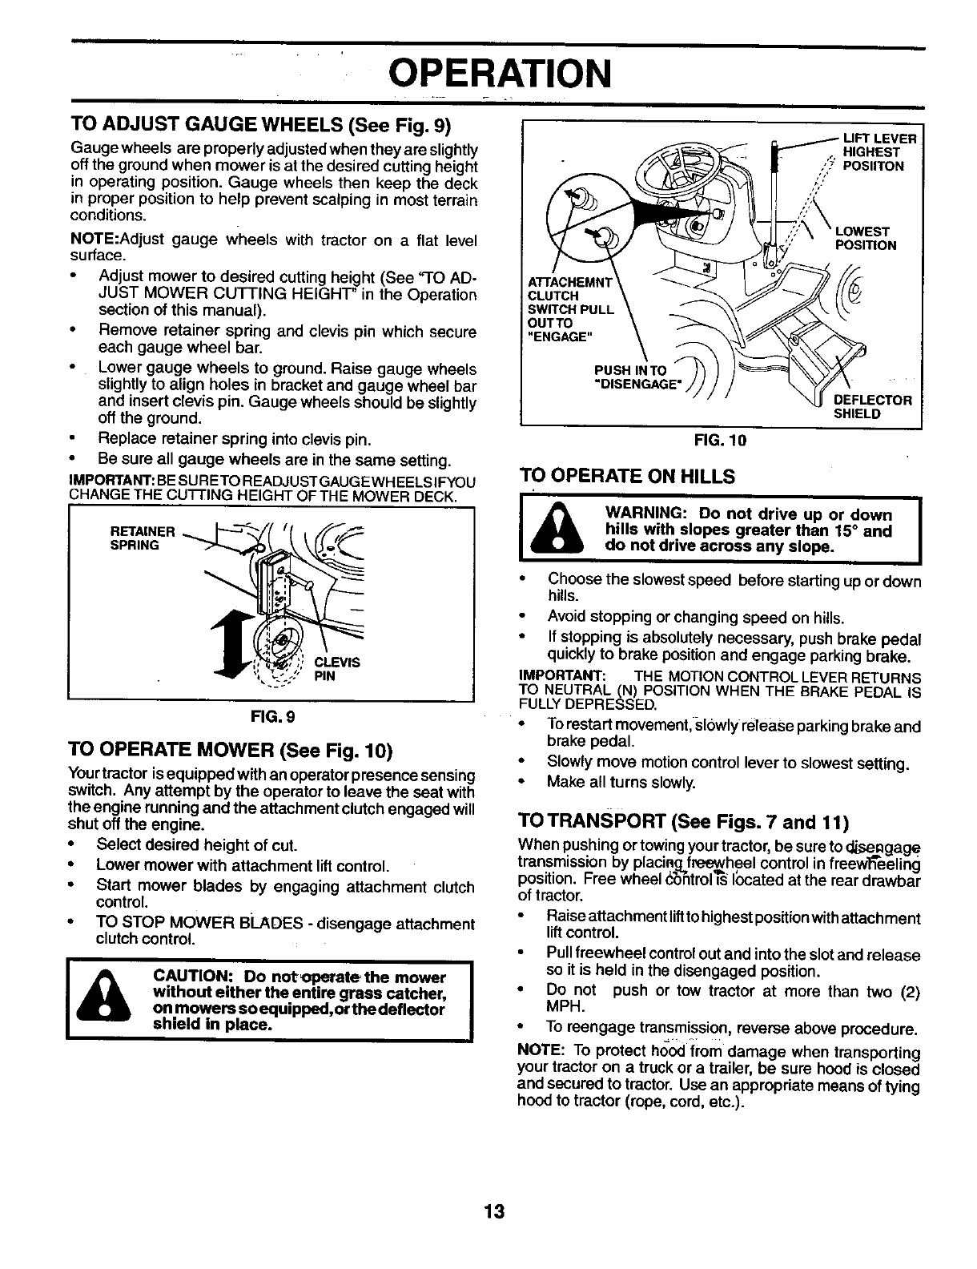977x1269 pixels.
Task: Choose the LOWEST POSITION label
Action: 865,239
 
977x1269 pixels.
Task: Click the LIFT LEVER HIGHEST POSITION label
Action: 874,152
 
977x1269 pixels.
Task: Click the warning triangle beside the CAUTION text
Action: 103,1000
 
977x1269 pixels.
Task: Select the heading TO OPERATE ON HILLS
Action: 627,477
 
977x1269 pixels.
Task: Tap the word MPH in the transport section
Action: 561,1006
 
